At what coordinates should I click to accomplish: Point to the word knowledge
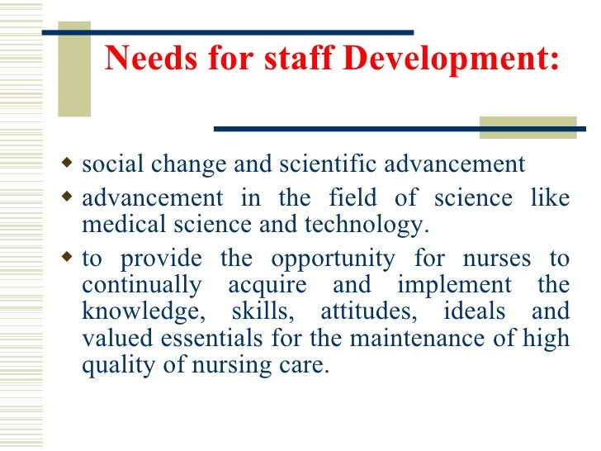pyautogui.click(x=135, y=312)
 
